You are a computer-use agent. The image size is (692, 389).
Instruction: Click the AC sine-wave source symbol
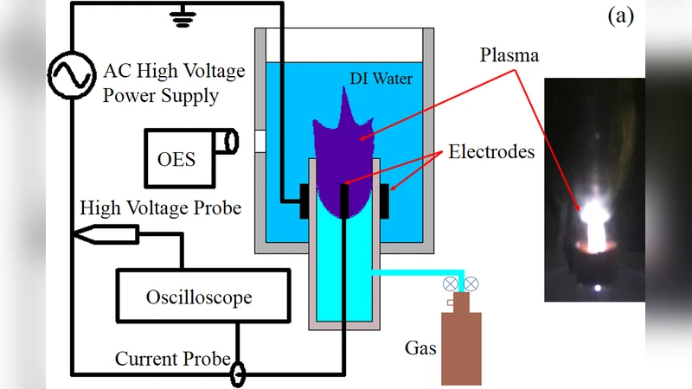pos(69,76)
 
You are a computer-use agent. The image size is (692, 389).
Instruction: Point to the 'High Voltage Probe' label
pos(160,207)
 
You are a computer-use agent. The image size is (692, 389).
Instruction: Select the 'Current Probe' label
pos(173,359)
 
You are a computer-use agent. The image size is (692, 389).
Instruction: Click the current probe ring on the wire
pos(236,373)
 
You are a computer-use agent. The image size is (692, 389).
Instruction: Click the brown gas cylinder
pos(461,346)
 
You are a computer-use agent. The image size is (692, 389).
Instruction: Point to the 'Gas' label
pos(420,349)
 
